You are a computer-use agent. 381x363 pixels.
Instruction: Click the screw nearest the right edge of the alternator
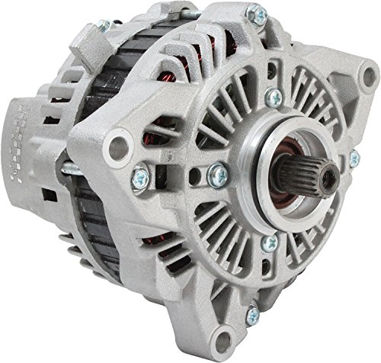[354, 159]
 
